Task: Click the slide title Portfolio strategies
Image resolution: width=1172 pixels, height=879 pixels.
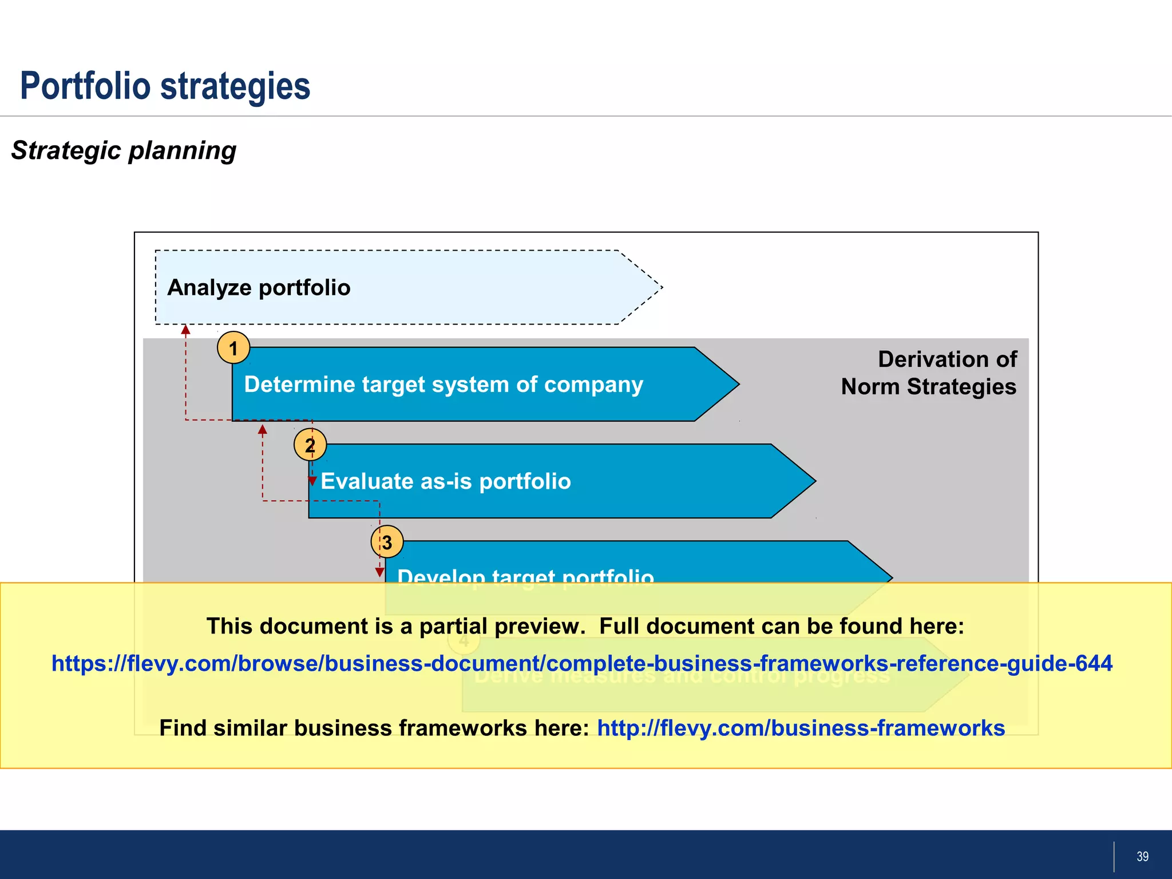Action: pos(165,86)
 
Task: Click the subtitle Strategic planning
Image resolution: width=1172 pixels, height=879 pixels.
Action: pos(124,151)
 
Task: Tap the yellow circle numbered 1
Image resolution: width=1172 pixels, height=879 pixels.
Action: pos(233,348)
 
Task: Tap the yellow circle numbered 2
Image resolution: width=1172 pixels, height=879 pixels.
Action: pos(310,445)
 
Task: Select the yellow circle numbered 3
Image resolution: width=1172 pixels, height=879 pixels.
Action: pos(387,542)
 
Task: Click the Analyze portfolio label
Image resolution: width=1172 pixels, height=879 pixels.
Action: pos(259,287)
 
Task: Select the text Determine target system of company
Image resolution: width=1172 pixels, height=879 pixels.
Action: pos(444,385)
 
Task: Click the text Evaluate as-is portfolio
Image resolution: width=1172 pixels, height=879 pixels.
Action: pos(446,481)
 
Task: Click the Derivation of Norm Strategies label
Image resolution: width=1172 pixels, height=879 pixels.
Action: pos(929,373)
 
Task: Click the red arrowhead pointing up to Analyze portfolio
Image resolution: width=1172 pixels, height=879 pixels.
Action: pos(185,330)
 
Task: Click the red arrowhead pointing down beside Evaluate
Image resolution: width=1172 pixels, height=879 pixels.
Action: pos(312,481)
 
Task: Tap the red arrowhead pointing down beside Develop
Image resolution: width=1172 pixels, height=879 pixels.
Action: pos(379,572)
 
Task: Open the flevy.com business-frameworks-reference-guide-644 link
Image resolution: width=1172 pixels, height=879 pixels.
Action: pos(582,663)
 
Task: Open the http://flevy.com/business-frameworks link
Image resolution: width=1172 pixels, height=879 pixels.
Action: pos(801,728)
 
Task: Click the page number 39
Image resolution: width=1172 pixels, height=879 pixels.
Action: pos(1142,856)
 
